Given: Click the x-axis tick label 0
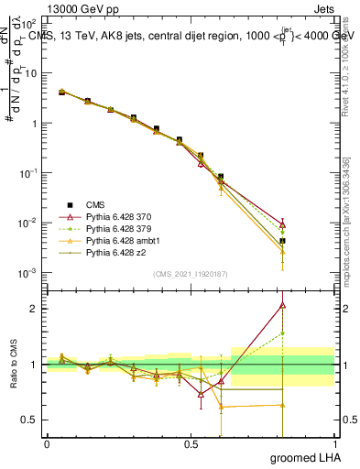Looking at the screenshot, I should click(47, 444).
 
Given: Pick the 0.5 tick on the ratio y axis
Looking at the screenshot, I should click(30, 420).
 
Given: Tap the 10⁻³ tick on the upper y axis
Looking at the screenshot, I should click(27, 273).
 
